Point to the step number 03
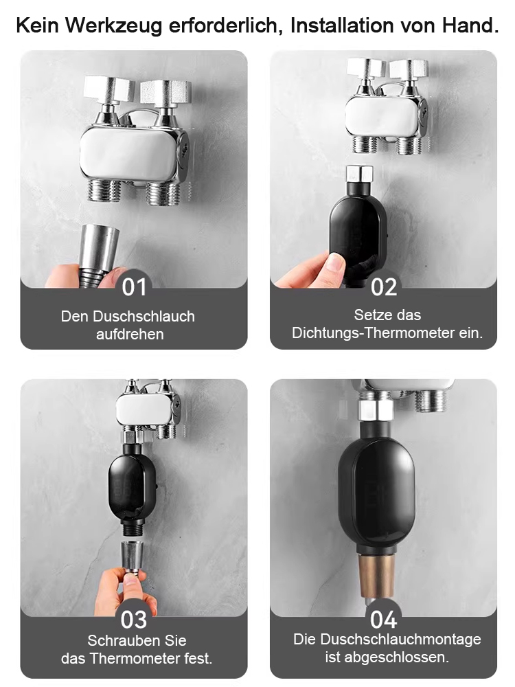click(134, 618)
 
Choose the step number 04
click(384, 618)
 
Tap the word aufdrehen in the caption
click(130, 335)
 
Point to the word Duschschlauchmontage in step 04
click(403, 640)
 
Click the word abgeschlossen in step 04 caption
click(406, 657)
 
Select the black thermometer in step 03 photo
click(133, 484)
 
